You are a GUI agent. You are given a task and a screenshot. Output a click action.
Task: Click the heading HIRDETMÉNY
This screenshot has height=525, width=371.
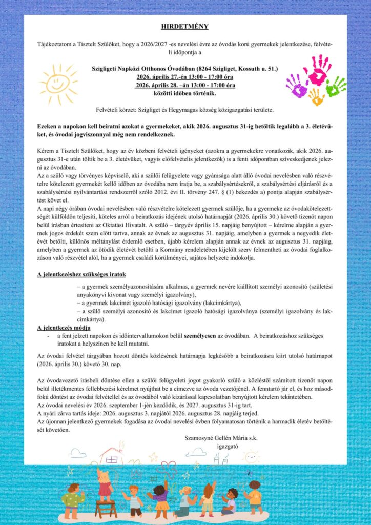pyautogui.click(x=185, y=26)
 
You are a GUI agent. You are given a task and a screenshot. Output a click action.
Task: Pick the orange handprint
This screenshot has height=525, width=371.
pyautogui.click(x=316, y=96)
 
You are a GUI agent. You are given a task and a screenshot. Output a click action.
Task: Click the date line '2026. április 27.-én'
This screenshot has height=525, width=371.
pyautogui.click(x=185, y=77)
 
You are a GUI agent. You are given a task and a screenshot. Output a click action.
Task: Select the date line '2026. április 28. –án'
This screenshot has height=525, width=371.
pyautogui.click(x=185, y=85)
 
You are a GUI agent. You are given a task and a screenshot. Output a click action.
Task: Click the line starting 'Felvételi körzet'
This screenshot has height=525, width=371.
pyautogui.click(x=185, y=110)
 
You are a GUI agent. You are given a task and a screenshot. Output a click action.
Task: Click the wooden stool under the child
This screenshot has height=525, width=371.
pyautogui.click(x=106, y=509)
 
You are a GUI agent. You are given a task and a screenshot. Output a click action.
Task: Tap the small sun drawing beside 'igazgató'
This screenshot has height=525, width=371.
pyautogui.click(x=252, y=456)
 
